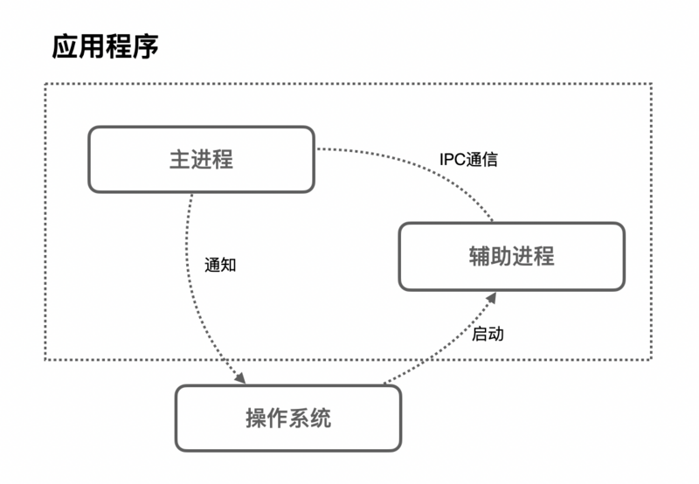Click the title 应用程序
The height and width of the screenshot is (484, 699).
(x=105, y=47)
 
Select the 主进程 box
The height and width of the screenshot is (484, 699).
(x=201, y=159)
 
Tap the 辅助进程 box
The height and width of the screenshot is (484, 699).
(x=511, y=257)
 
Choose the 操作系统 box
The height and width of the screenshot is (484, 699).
(x=288, y=418)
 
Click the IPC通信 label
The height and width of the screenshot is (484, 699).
(x=468, y=160)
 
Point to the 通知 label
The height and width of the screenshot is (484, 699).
(x=220, y=265)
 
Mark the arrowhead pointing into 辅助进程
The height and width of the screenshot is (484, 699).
(x=492, y=299)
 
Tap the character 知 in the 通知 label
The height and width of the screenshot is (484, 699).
(x=228, y=265)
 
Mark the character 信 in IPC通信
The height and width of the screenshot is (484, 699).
(x=490, y=160)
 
